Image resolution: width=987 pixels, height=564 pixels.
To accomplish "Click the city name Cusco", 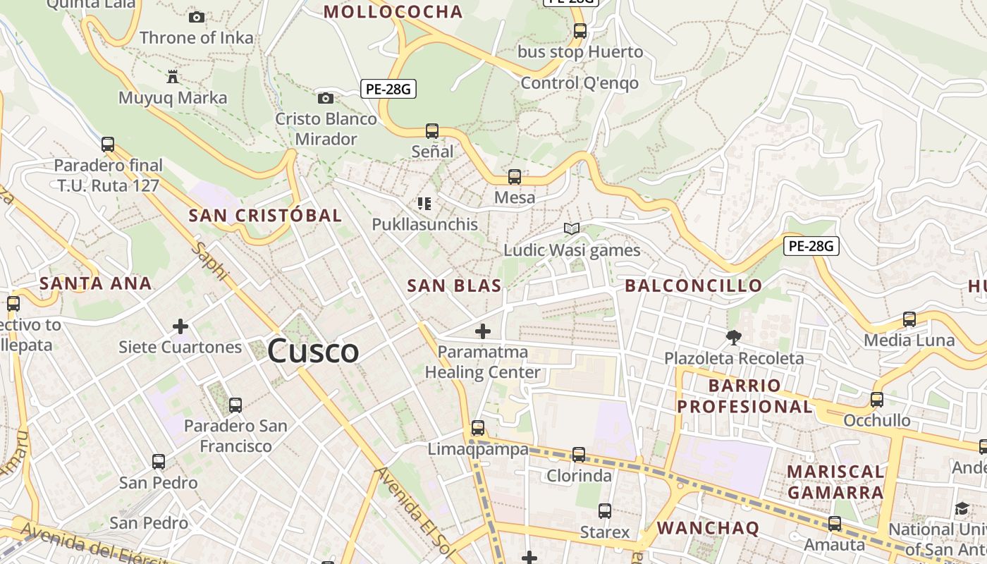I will [x=313, y=351].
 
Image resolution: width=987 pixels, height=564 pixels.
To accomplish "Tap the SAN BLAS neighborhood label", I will [x=455, y=286].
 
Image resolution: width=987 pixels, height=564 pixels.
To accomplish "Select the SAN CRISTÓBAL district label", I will [x=265, y=215].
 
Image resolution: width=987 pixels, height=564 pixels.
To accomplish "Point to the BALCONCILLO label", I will [x=694, y=286].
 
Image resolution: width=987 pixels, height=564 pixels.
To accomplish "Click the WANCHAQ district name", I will [x=708, y=528].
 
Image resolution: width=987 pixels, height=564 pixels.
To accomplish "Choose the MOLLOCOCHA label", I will [x=393, y=11].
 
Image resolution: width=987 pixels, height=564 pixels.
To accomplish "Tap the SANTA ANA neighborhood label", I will [x=96, y=283].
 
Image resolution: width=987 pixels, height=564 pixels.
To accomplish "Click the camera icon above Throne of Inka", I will [x=197, y=17].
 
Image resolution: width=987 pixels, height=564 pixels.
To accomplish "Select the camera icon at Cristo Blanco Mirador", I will [x=325, y=98].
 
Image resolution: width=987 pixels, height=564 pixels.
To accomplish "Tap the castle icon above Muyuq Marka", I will [x=173, y=76].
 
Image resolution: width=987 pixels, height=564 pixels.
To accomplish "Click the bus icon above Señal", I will [x=432, y=131].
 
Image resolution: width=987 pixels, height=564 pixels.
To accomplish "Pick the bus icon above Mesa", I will [x=515, y=177].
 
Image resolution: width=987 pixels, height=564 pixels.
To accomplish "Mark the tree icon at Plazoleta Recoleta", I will [x=733, y=338].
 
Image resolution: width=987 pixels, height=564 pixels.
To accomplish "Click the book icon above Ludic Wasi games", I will [x=572, y=229].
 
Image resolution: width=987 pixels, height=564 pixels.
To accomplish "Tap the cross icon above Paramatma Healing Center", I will [x=483, y=331].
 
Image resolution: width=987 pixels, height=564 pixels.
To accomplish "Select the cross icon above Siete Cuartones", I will [x=180, y=326].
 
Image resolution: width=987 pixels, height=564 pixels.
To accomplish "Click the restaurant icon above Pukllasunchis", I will [x=424, y=204].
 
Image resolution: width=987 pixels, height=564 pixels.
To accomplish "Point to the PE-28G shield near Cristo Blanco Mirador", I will [x=388, y=89].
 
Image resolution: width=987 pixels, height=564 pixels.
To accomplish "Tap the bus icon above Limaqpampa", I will [x=478, y=428].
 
